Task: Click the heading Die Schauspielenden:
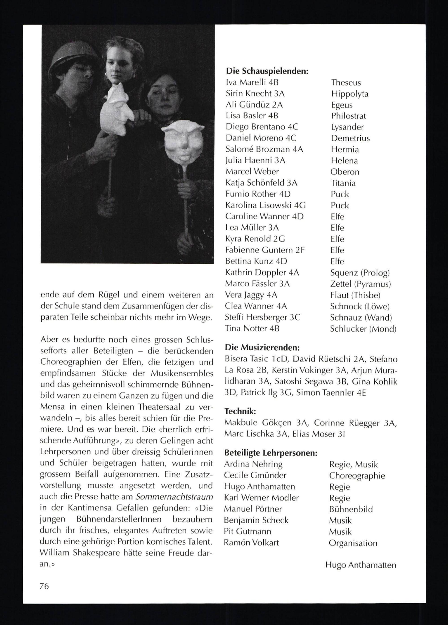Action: (267, 71)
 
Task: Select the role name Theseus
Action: (346, 82)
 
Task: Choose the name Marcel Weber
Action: (252, 171)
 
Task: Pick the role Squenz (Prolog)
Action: (360, 273)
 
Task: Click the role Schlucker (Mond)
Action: (363, 328)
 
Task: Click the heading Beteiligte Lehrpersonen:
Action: (271, 453)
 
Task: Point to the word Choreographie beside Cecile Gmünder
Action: (357, 476)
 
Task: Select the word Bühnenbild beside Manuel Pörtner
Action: (351, 509)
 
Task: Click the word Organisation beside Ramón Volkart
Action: (353, 543)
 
